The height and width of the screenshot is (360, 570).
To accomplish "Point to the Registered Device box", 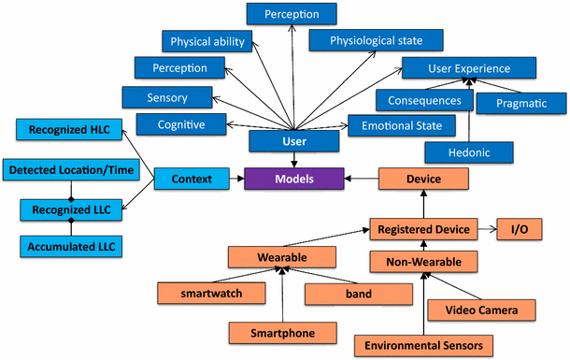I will coord(422,227).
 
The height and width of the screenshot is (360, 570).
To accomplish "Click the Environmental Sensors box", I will coord(422,345).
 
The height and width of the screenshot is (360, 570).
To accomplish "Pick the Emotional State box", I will coord(402,124).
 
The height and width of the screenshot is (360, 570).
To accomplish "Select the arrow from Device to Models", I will coord(359,177).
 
